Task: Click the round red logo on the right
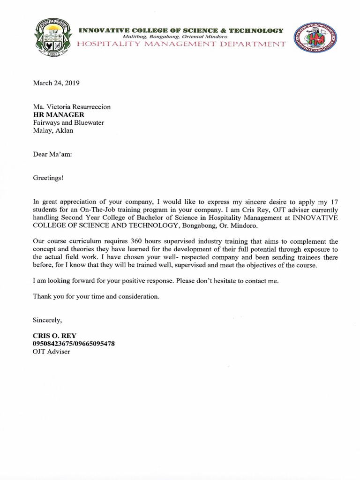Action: [312, 38]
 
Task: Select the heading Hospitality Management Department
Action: [181, 45]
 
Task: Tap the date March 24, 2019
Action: [56, 83]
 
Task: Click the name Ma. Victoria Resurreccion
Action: [72, 107]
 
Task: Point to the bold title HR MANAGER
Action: [59, 115]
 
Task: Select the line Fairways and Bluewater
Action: [68, 123]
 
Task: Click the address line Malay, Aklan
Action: [53, 131]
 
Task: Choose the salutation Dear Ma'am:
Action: [52, 154]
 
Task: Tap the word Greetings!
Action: [48, 178]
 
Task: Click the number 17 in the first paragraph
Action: [333, 202]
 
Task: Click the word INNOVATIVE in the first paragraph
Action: [315, 218]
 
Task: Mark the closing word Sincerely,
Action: [47, 320]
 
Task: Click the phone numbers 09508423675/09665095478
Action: [74, 344]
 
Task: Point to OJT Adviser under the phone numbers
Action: [51, 352]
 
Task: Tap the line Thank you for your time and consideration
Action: [96, 297]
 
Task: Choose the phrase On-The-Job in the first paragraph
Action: [99, 210]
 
